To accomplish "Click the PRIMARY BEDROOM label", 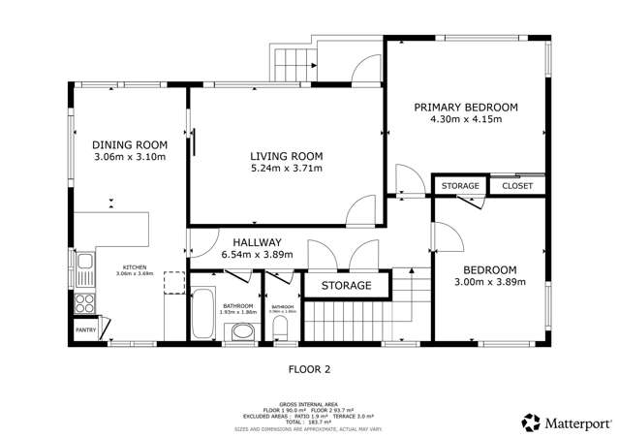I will coord(466,107).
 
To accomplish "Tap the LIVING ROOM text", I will coord(286,156).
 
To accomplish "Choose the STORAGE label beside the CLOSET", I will coord(460,185).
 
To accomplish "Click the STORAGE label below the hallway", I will coord(346,286).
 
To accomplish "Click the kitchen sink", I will coord(84,262).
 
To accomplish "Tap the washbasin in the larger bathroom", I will coord(242,334).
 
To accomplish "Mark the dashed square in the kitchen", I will coord(174,282).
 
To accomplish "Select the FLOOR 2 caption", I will coord(309,368).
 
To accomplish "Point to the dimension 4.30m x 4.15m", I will coord(466,119).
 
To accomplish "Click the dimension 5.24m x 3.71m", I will coord(286,169).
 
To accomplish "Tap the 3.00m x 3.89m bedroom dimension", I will coord(488,282).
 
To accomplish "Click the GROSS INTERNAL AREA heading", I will coord(309,403).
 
